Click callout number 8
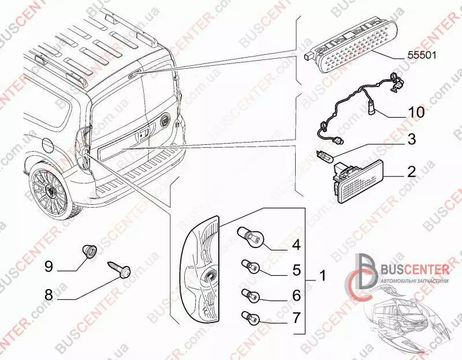click(x=49, y=294)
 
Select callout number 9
click(x=49, y=266)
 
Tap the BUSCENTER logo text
click(x=413, y=268)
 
